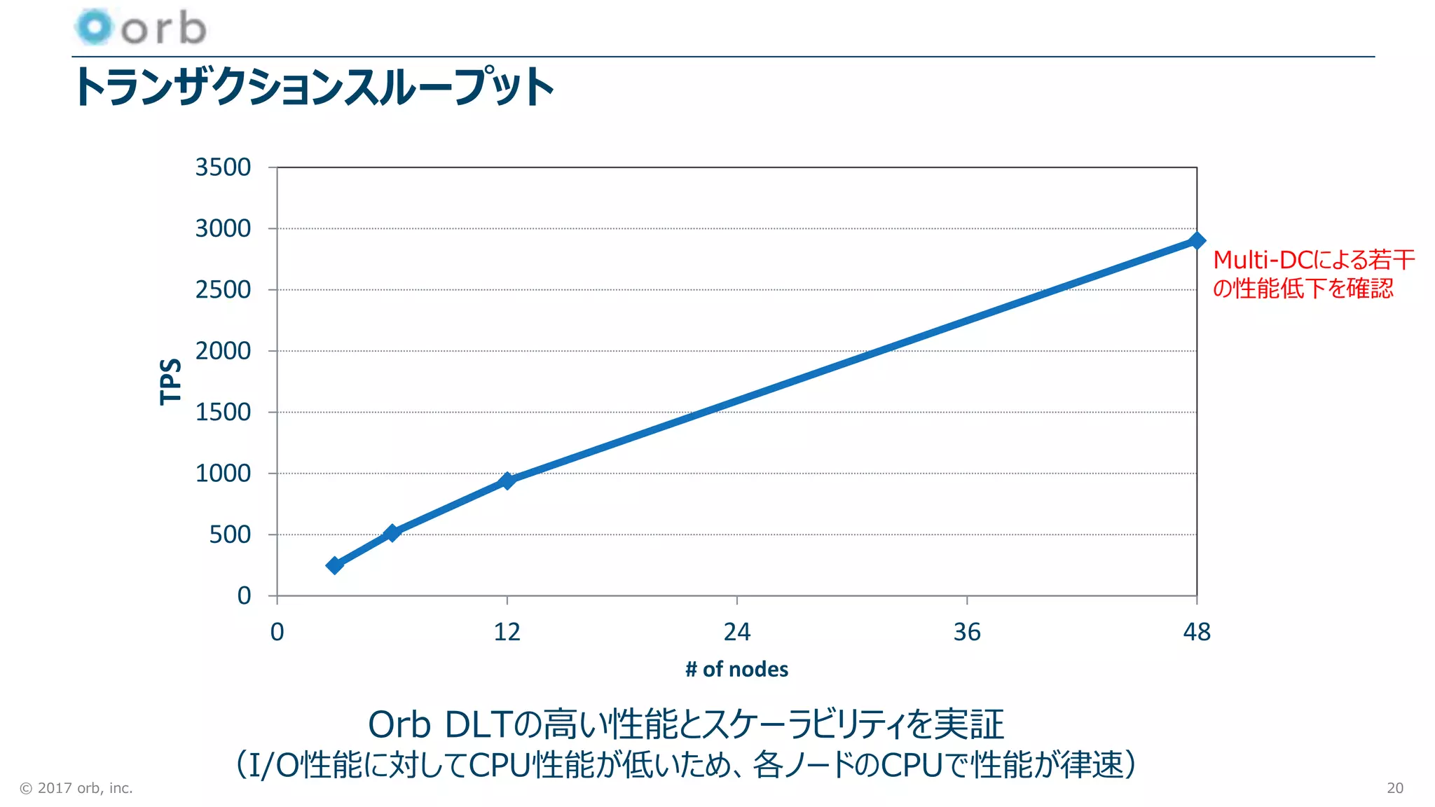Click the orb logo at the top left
pyautogui.click(x=140, y=28)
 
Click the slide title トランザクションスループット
pyautogui.click(x=313, y=87)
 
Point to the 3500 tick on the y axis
pyautogui.click(x=223, y=167)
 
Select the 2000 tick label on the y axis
pyautogui.click(x=223, y=351)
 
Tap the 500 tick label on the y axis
pyautogui.click(x=230, y=535)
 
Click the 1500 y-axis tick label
pyautogui.click(x=223, y=413)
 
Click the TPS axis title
pyautogui.click(x=170, y=382)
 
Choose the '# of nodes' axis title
pyautogui.click(x=736, y=670)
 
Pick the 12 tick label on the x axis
pyautogui.click(x=507, y=633)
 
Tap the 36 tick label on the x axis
pyautogui.click(x=967, y=633)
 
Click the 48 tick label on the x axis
pyautogui.click(x=1197, y=633)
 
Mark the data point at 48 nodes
pyautogui.click(x=1197, y=240)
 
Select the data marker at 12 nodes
pyautogui.click(x=507, y=481)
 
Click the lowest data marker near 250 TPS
pyautogui.click(x=335, y=565)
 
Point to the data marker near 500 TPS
pyautogui.click(x=392, y=533)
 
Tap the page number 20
pyautogui.click(x=1394, y=788)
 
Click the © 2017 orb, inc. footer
pyautogui.click(x=76, y=788)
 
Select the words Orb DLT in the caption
pyautogui.click(x=441, y=725)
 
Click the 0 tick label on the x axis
pyautogui.click(x=277, y=633)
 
